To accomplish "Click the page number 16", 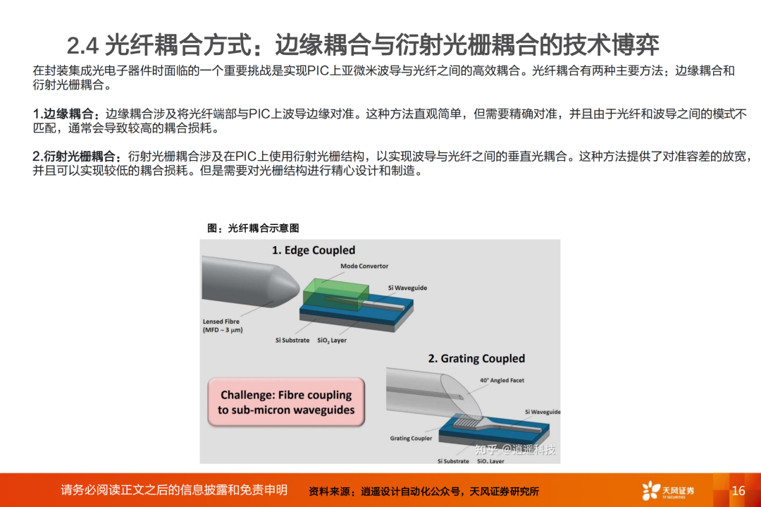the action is [x=738, y=491].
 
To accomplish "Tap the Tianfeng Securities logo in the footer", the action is [x=668, y=491].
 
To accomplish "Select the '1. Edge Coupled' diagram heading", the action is [x=314, y=250].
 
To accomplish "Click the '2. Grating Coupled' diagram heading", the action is [x=476, y=358].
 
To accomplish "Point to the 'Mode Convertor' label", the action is [x=364, y=266].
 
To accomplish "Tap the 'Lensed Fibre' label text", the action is [x=221, y=322].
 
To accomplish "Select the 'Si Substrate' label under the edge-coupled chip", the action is [x=292, y=341].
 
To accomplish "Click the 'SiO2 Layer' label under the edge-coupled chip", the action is [x=332, y=341].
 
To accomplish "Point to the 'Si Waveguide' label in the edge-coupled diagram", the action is [x=407, y=288].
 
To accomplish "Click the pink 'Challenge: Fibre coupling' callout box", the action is [x=286, y=402].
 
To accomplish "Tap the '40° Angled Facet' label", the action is [x=502, y=380].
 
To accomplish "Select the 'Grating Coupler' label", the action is [x=411, y=438].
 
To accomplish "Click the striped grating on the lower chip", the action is [x=468, y=420].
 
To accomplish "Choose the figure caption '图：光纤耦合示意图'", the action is [x=253, y=228].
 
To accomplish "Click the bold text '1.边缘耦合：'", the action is [x=68, y=114].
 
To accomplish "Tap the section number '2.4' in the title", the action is [x=82, y=46].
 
